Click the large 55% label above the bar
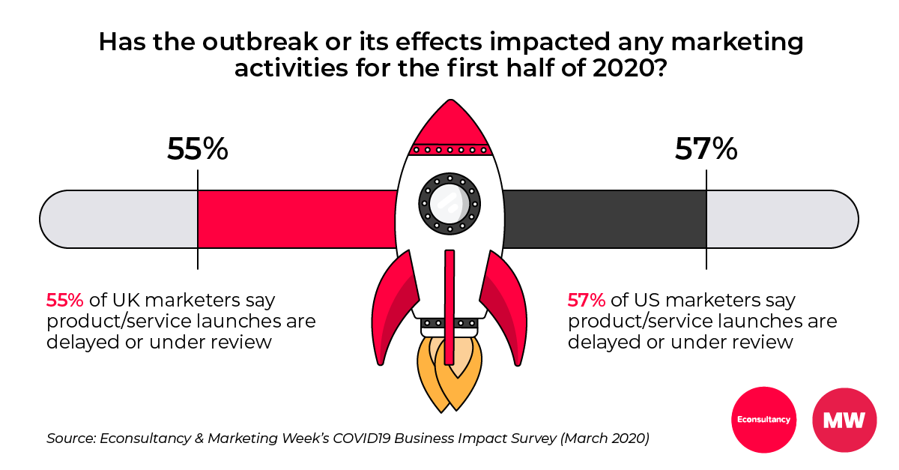197,148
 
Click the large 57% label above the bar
706,148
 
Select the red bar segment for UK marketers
296,219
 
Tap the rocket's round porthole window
449,202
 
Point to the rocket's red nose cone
449,124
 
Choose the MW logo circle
844,419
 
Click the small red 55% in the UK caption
64,301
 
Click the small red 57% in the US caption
586,301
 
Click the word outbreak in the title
231,43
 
